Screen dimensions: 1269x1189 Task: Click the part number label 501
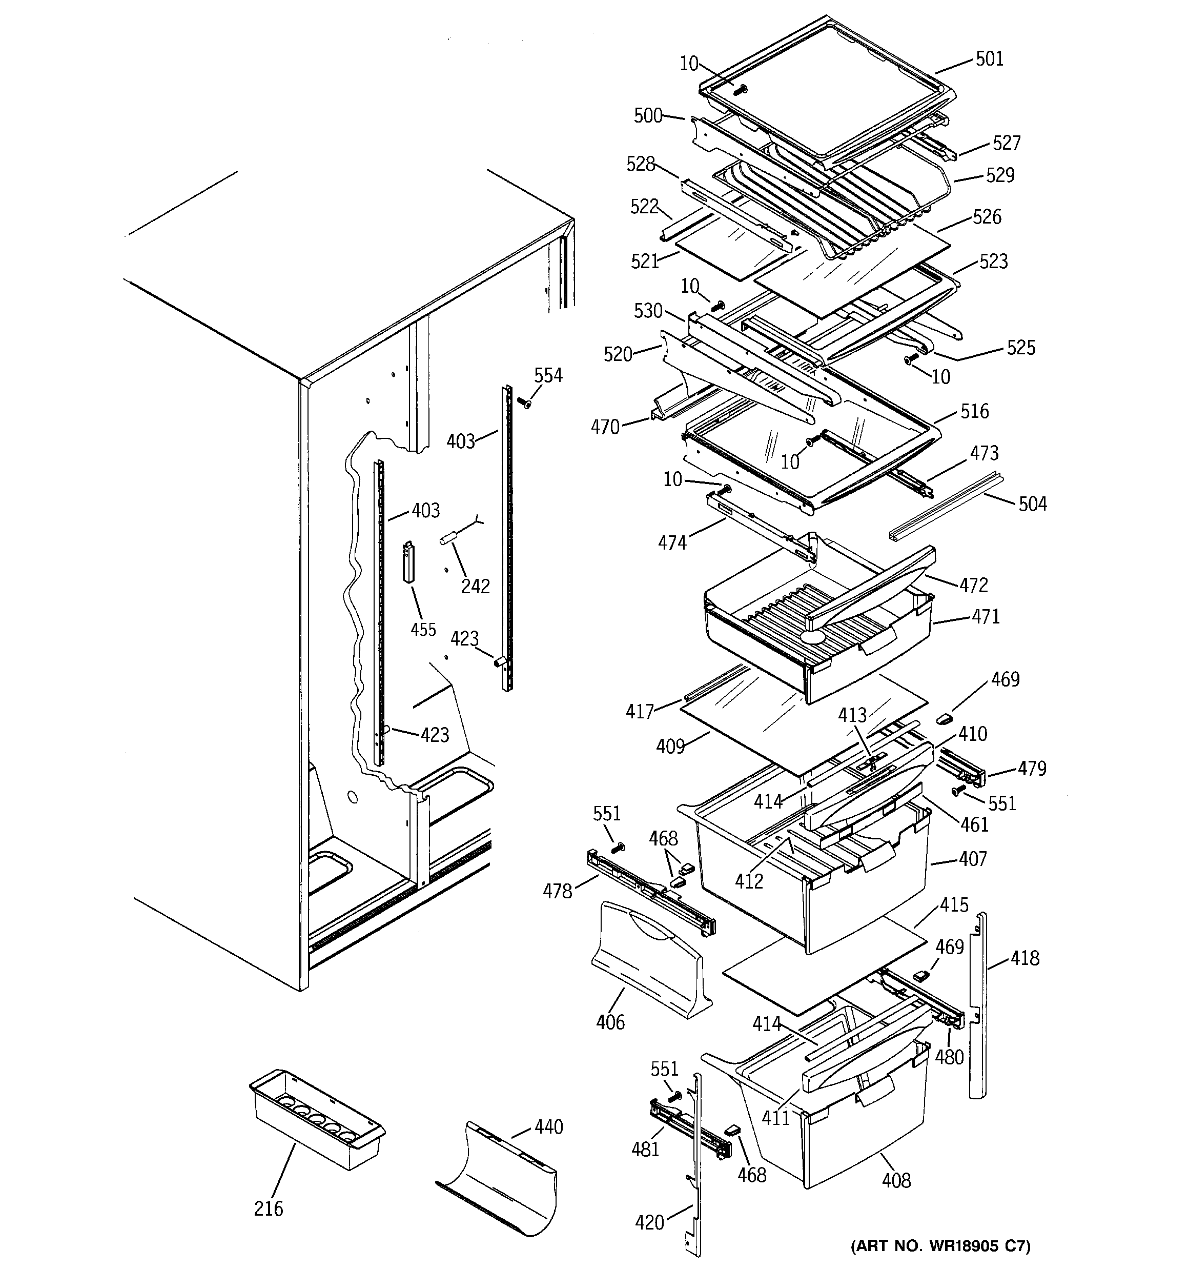click(989, 59)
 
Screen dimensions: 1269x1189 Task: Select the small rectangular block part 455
click(408, 562)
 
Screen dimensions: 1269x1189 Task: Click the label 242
click(476, 586)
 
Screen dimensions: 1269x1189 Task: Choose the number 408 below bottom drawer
click(896, 1181)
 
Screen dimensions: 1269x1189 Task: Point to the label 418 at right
click(1025, 958)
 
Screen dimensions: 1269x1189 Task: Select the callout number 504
click(1033, 505)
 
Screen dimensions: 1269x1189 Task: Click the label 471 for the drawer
click(986, 617)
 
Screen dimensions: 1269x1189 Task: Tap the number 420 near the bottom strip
click(650, 1222)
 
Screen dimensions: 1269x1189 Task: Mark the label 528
click(641, 164)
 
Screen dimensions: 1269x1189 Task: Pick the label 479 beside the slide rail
click(1032, 769)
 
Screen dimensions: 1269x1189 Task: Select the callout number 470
click(605, 427)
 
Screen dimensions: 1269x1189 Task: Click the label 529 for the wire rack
click(1000, 175)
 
